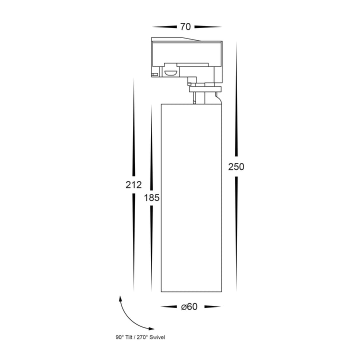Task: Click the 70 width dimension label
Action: tap(185, 27)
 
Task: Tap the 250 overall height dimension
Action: tap(236, 167)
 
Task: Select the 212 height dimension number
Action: tap(133, 185)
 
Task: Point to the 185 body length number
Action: tap(151, 197)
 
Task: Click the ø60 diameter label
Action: tap(189, 306)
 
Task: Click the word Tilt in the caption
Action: tap(129, 337)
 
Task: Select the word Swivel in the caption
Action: tap(157, 337)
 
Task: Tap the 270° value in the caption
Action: tap(142, 337)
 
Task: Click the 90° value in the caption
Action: tap(120, 337)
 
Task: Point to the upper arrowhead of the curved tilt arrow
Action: tap(120, 298)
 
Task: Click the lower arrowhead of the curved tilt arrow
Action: tap(151, 328)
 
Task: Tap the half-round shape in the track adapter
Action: tap(170, 73)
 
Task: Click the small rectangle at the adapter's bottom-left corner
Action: tap(154, 74)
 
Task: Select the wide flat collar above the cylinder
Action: tap(205, 89)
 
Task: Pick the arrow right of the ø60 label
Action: tap(212, 306)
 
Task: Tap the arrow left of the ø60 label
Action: tap(169, 306)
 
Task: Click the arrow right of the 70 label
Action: tap(208, 27)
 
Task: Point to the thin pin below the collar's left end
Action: tap(194, 98)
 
